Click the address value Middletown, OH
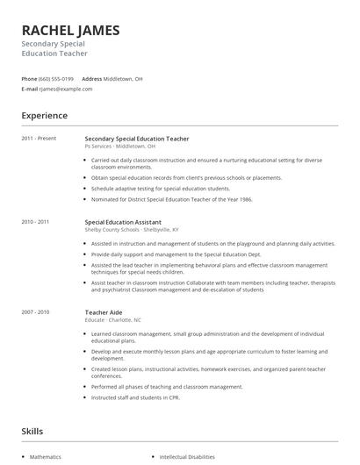[123, 78]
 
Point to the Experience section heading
[44, 115]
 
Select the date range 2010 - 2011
[35, 222]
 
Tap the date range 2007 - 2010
[35, 311]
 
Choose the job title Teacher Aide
[103, 311]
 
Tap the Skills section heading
[32, 432]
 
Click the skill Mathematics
[46, 457]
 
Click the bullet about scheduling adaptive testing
[160, 188]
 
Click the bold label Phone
[29, 78]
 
